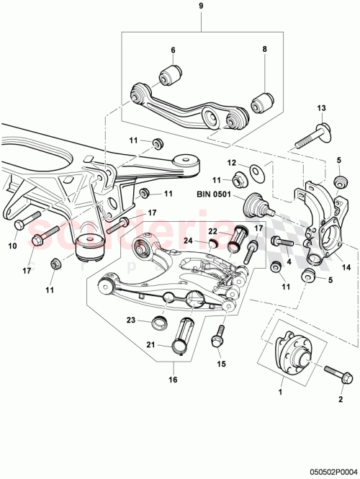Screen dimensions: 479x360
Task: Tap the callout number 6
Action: (173, 50)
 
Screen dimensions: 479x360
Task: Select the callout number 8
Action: (264, 50)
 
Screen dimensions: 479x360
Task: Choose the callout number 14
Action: (346, 267)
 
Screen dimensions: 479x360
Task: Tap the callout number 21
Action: (151, 345)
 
